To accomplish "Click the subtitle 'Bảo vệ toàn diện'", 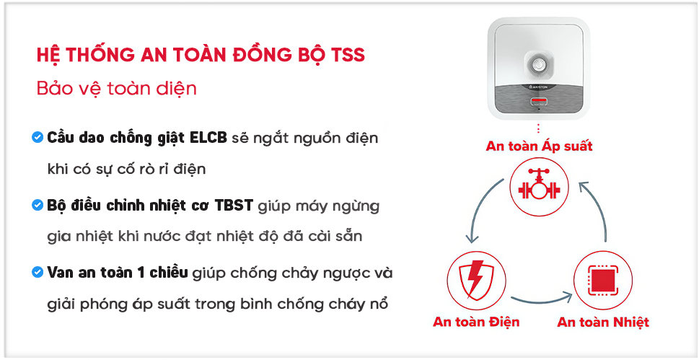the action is tap(117, 89).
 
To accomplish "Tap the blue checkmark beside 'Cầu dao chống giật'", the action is tap(38, 137).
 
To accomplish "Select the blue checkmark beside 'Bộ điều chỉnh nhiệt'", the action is tap(38, 205).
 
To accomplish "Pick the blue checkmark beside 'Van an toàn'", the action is tap(38, 272).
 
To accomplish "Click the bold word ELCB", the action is tap(208, 138).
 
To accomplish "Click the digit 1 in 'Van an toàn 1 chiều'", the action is tap(141, 273).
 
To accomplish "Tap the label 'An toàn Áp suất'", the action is tap(539, 146).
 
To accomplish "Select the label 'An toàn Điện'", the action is tap(476, 322).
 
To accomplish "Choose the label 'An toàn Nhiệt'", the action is tap(603, 322).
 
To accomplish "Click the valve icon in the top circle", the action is tap(539, 186).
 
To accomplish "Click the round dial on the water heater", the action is tap(539, 66).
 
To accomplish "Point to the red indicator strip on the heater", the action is tap(539, 99).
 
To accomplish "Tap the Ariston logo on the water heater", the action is tap(539, 86).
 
